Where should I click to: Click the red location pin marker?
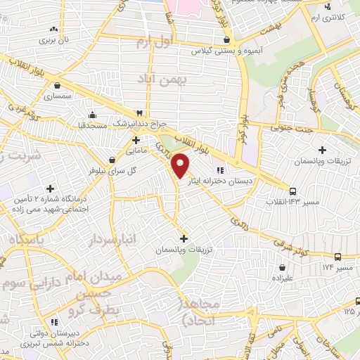tap(181, 165)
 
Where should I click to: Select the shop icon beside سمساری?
tap(56, 85)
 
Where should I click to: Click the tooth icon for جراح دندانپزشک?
tap(139, 112)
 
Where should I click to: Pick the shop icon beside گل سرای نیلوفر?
tap(112, 160)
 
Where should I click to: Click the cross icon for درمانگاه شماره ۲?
tap(50, 188)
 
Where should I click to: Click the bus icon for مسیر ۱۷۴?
tap(338, 257)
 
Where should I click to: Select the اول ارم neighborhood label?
tap(154, 43)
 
